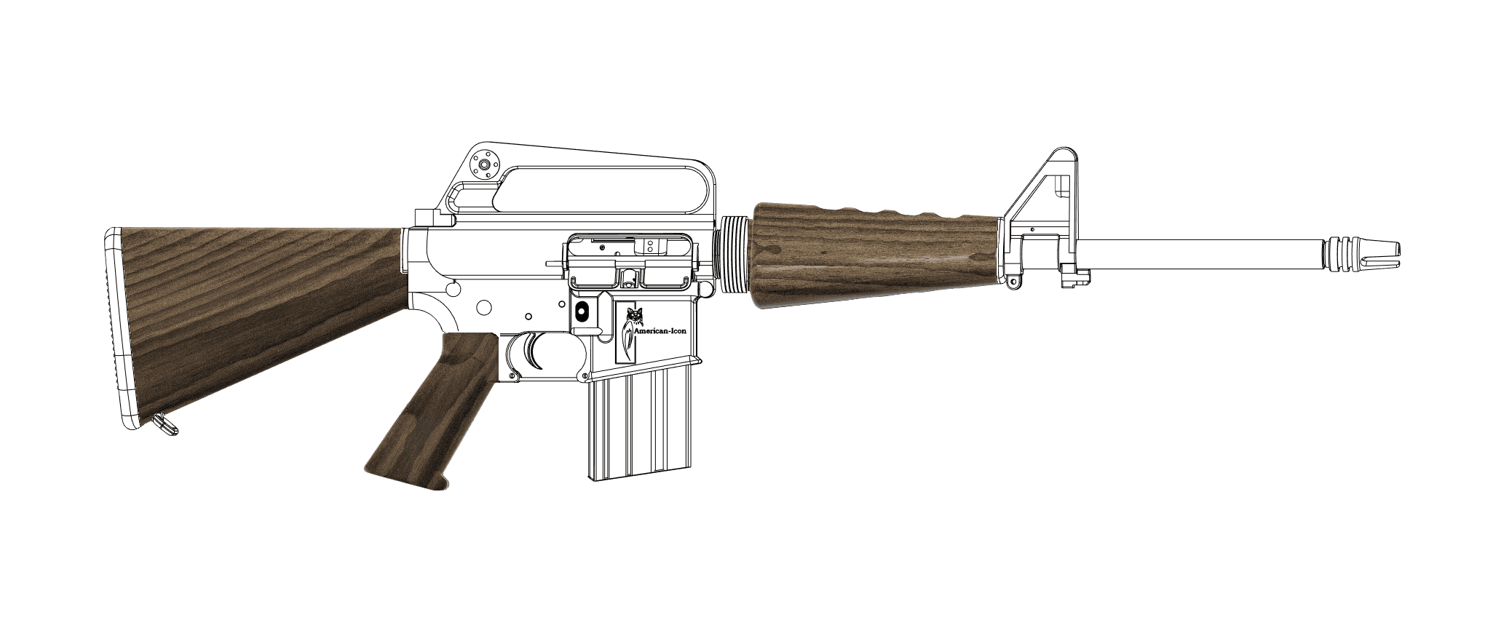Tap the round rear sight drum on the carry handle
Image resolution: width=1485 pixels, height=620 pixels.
pyautogui.click(x=483, y=164)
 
